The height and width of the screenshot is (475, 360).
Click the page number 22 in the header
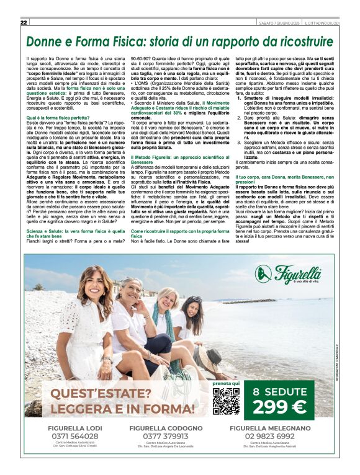click(x=24, y=23)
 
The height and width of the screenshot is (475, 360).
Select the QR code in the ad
click(x=226, y=401)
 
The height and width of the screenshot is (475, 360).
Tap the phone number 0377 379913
click(x=165, y=436)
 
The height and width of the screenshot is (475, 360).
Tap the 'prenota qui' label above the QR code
click(x=226, y=384)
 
